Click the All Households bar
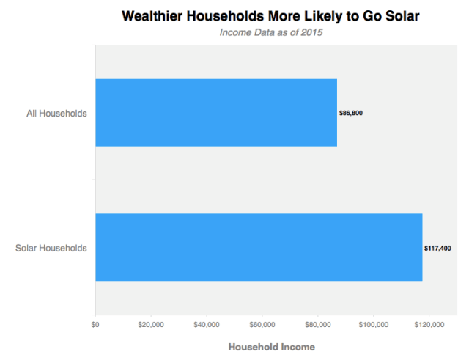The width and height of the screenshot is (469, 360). point(216,113)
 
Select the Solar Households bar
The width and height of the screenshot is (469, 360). point(259,247)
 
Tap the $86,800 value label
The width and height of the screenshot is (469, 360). point(350,114)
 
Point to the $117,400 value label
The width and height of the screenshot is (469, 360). point(437,248)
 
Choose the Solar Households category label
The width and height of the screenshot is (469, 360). point(51,248)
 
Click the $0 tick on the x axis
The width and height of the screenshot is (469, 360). point(95,324)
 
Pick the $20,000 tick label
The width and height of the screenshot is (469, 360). point(150,324)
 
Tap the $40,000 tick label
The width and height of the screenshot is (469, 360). point(206,324)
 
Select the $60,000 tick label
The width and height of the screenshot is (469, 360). point(262,324)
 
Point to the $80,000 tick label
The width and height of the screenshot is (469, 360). point(317,324)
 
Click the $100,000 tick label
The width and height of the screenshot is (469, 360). point(374,324)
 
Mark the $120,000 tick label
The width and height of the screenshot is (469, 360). point(429,324)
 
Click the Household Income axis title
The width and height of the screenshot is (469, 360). point(271,347)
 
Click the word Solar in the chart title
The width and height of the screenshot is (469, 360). point(399,15)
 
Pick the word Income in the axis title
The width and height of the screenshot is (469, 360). point(296,347)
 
